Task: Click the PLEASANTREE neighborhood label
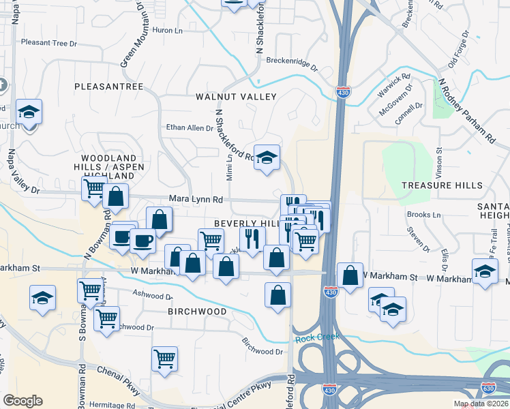[x=108, y=87]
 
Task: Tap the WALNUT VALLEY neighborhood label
[x=236, y=97]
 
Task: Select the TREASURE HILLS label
[x=442, y=185]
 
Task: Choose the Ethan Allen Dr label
[x=190, y=127]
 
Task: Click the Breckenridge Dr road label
[x=292, y=63]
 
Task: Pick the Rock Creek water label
[x=316, y=337]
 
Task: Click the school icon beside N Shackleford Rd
[x=267, y=157]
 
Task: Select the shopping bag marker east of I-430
[x=350, y=275]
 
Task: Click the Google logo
[x=22, y=401]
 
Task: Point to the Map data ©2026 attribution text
[x=481, y=404]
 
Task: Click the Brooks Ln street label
[x=423, y=215]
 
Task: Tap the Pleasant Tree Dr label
[x=49, y=43]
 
